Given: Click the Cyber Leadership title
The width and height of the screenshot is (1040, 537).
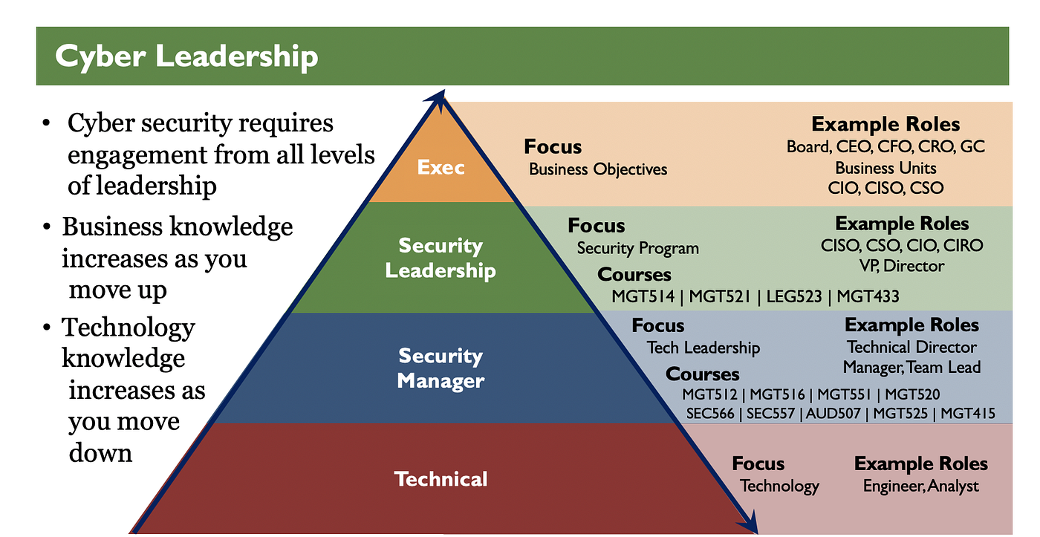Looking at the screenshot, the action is point(186,57).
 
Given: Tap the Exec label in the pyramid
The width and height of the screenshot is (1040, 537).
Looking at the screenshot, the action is point(441,167).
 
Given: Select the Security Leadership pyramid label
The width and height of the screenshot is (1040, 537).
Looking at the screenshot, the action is point(441,258).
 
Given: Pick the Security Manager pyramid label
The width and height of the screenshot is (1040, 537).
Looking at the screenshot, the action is point(441,368).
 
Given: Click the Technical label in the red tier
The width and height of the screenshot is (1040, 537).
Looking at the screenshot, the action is point(441,479).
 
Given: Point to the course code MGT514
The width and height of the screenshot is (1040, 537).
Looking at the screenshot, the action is point(643,296).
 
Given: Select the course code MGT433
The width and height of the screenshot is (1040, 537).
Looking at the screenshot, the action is point(868,296).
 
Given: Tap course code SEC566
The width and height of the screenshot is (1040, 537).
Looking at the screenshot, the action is point(709,414).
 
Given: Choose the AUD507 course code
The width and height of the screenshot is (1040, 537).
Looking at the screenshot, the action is point(836,414).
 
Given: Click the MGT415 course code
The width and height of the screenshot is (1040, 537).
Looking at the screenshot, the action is point(968,414).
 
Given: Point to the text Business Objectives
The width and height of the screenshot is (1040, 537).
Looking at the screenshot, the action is point(598,169).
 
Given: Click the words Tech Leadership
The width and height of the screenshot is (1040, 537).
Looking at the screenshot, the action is point(703,348).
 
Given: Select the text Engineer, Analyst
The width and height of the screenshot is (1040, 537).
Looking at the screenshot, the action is point(921,486).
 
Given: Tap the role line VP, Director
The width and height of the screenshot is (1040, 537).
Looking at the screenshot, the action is point(901,265).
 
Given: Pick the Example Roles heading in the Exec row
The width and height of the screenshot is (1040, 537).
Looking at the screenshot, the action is point(885,124).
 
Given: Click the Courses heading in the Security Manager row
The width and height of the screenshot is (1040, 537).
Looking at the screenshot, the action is point(702,374).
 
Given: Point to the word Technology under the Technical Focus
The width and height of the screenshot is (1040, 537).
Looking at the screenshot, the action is point(779,486).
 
